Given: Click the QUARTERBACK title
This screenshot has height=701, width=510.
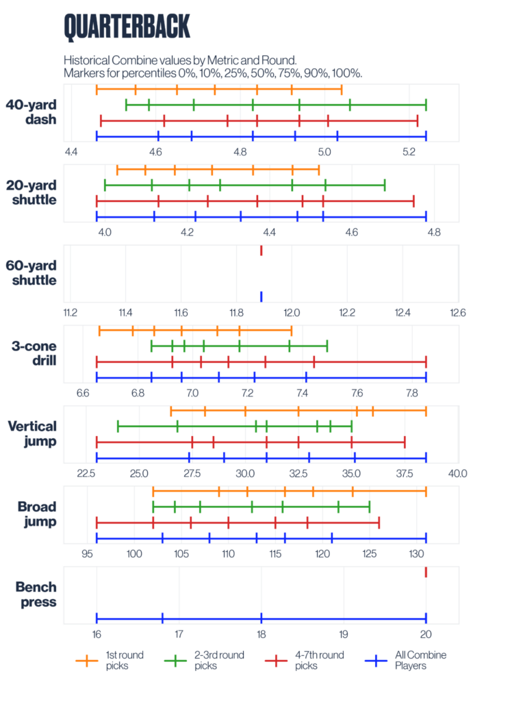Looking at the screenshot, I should pyautogui.click(x=127, y=27).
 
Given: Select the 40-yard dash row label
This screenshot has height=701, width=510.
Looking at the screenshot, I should pyautogui.click(x=31, y=112).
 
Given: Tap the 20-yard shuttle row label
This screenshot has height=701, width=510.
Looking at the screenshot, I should pyautogui.click(x=31, y=192).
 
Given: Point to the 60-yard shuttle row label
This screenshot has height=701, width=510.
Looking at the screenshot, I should pyautogui.click(x=31, y=272).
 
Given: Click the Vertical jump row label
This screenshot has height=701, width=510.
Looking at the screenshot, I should pyautogui.click(x=32, y=433).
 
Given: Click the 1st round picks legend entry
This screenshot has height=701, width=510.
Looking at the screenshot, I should pyautogui.click(x=110, y=660).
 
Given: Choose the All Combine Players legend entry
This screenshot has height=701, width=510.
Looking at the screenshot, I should pyautogui.click(x=404, y=660).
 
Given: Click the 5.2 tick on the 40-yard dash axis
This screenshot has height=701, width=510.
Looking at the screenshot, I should pyautogui.click(x=409, y=151).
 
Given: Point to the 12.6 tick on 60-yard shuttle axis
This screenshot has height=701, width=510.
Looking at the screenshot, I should pyautogui.click(x=457, y=313).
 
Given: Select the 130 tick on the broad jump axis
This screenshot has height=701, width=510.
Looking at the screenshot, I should pyautogui.click(x=417, y=553).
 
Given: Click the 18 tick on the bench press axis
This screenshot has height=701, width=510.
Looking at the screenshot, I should pyautogui.click(x=261, y=634).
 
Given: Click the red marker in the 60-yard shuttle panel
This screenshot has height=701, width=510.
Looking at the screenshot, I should pyautogui.click(x=261, y=251).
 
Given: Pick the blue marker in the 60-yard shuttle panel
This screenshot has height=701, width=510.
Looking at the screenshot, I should pyautogui.click(x=261, y=296).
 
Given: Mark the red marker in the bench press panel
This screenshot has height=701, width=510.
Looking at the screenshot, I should pyautogui.click(x=426, y=572).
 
